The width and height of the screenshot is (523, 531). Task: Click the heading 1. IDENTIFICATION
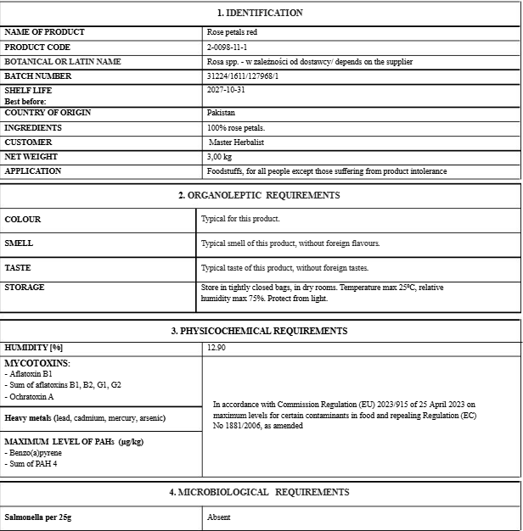tap(260, 13)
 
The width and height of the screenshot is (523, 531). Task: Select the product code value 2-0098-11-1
tap(227, 48)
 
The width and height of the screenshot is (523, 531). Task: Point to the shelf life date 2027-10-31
tap(226, 89)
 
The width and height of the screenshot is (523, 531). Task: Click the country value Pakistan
tap(221, 113)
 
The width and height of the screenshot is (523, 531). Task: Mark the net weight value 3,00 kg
tap(220, 157)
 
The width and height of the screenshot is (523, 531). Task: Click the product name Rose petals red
tap(232, 32)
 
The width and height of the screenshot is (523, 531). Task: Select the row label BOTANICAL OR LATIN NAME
tap(63, 62)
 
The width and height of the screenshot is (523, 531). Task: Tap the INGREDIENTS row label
tap(33, 128)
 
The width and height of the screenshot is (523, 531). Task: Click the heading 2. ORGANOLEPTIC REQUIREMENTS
tap(259, 195)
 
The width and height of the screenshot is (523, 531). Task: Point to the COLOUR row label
tap(23, 220)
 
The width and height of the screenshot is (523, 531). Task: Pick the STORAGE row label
tap(25, 288)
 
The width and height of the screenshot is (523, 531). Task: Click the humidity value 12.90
tap(217, 348)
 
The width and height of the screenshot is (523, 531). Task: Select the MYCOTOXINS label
tap(37, 363)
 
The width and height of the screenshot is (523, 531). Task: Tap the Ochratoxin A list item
tap(31, 396)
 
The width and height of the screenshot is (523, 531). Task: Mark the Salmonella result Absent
tap(219, 517)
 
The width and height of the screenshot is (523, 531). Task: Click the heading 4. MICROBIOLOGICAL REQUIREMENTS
tap(259, 492)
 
